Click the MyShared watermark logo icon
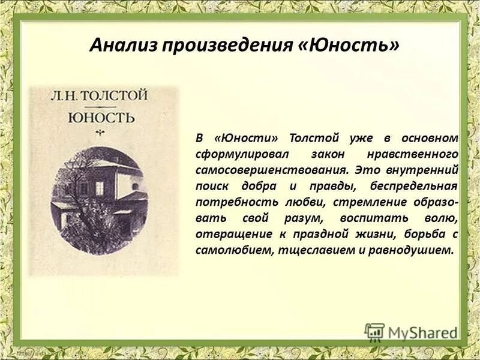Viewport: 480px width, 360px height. [374, 332]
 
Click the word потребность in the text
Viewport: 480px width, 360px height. [231, 202]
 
